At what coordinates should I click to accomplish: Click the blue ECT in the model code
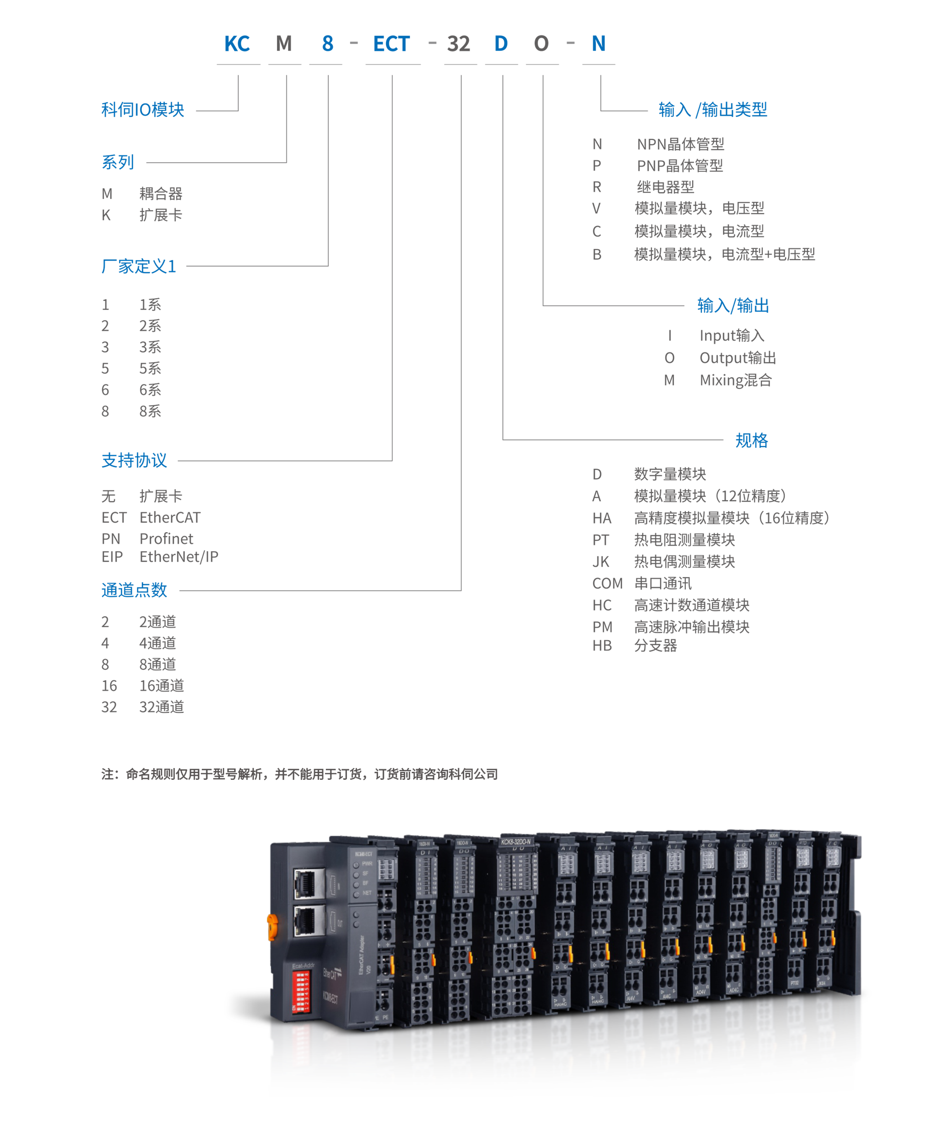(391, 44)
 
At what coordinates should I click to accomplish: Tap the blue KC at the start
(237, 44)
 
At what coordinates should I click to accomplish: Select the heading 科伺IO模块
(142, 110)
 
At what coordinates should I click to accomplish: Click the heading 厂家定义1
(139, 266)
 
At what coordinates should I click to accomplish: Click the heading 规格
(751, 440)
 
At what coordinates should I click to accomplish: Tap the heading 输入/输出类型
(713, 110)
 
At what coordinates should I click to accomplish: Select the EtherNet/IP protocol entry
(178, 557)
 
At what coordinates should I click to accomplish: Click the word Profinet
(166, 539)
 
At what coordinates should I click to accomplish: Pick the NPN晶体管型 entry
(681, 144)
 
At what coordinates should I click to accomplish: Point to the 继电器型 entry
(666, 187)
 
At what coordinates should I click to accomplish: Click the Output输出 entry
(737, 358)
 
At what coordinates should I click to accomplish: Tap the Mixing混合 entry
(736, 380)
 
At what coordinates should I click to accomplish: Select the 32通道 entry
(161, 707)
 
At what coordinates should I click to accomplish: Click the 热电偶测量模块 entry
(684, 561)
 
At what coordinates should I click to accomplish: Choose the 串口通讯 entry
(663, 584)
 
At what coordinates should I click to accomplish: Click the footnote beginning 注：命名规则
(299, 774)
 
